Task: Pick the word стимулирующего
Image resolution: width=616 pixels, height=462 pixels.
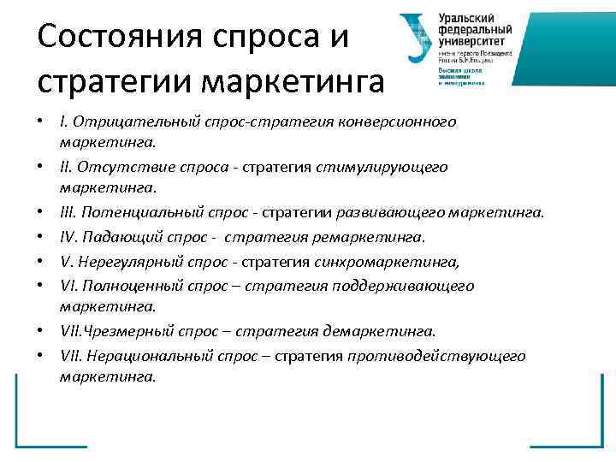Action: click(x=391, y=167)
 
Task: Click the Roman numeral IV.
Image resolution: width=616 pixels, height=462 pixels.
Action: click(x=68, y=235)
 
